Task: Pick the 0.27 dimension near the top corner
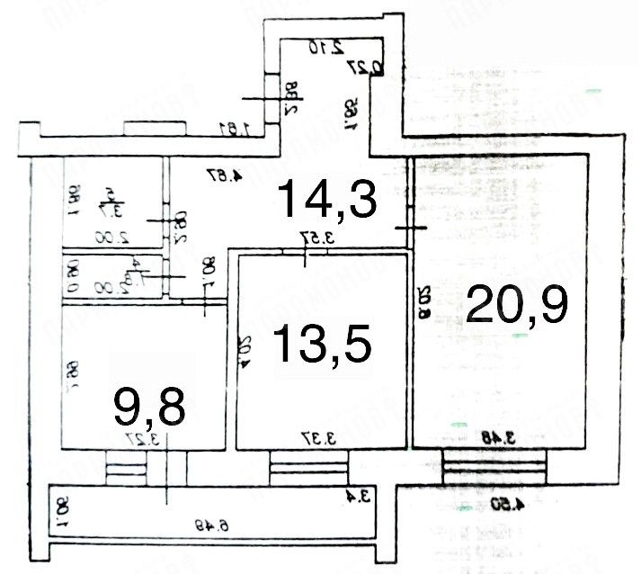pos(377,65)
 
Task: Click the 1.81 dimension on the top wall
pos(232,130)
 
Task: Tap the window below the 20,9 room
pos(494,468)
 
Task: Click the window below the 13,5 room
pos(309,468)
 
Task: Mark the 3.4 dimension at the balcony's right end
pos(359,494)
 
